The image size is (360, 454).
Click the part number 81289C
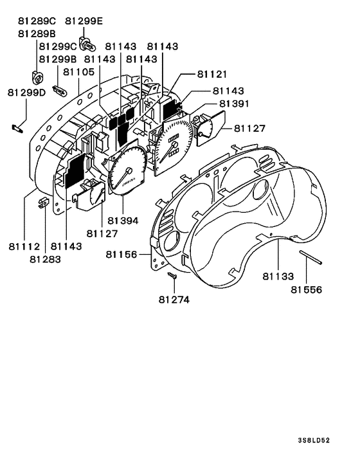click(x=37, y=21)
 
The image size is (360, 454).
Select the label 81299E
click(x=84, y=21)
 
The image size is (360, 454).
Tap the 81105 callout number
click(x=79, y=72)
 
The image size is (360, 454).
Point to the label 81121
click(x=212, y=75)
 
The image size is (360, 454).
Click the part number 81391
click(x=234, y=104)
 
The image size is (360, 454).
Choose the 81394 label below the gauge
click(x=123, y=221)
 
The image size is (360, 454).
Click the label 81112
click(x=24, y=247)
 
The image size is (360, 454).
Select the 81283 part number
click(x=45, y=259)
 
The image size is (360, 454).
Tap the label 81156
click(x=122, y=255)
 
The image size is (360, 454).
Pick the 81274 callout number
click(x=174, y=300)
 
